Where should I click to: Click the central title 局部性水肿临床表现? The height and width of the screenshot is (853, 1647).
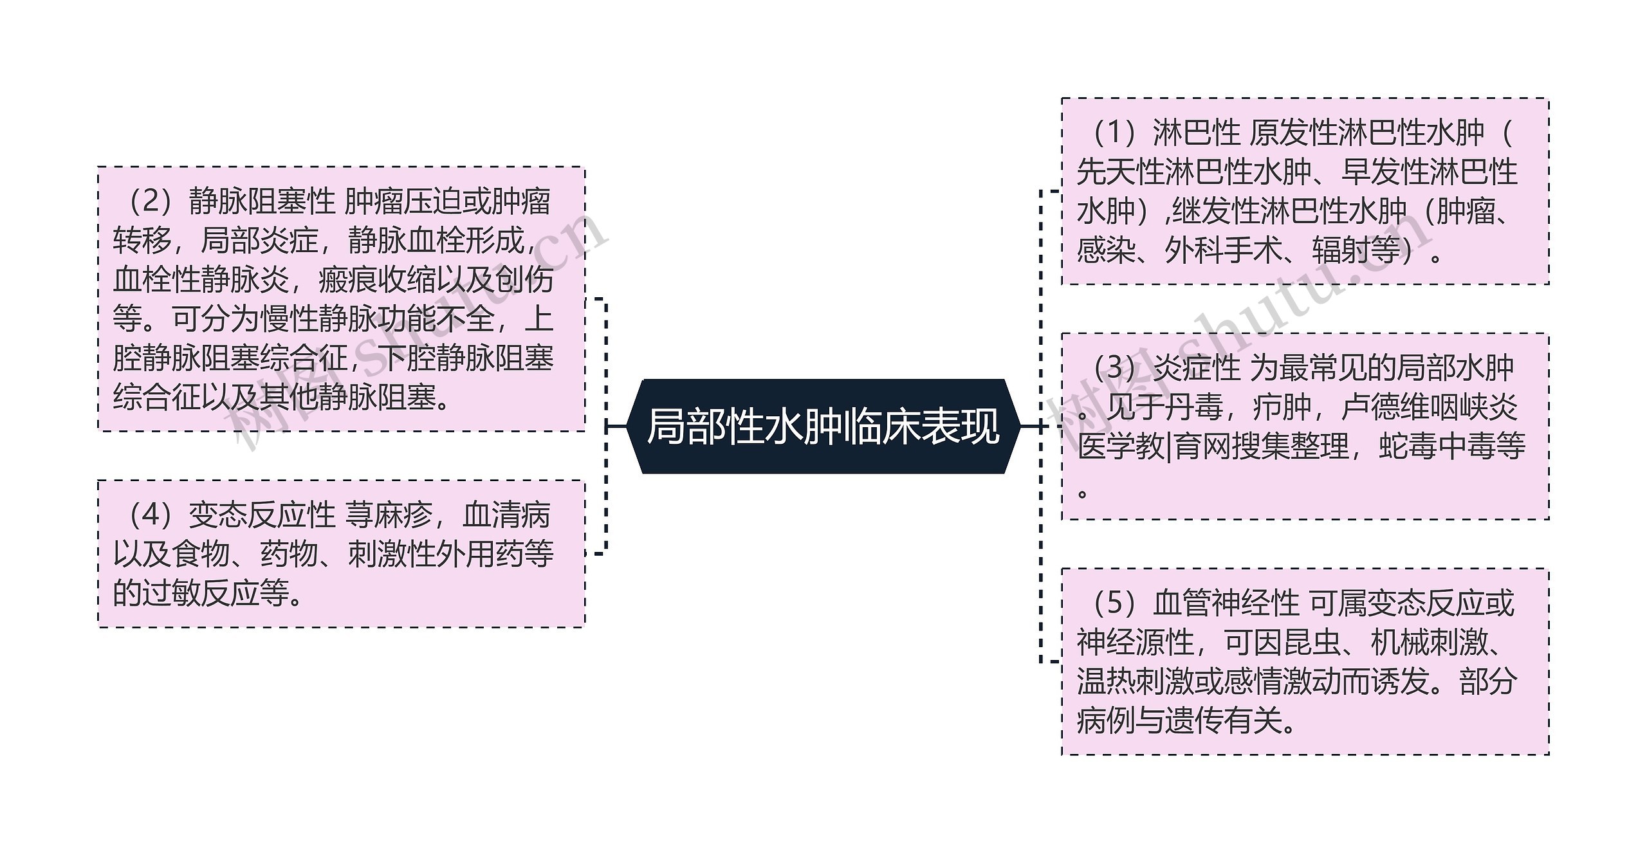pos(823,427)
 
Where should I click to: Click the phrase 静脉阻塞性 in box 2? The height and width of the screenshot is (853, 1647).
pos(262,203)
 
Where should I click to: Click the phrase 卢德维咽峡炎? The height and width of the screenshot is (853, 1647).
pos(1430,407)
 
